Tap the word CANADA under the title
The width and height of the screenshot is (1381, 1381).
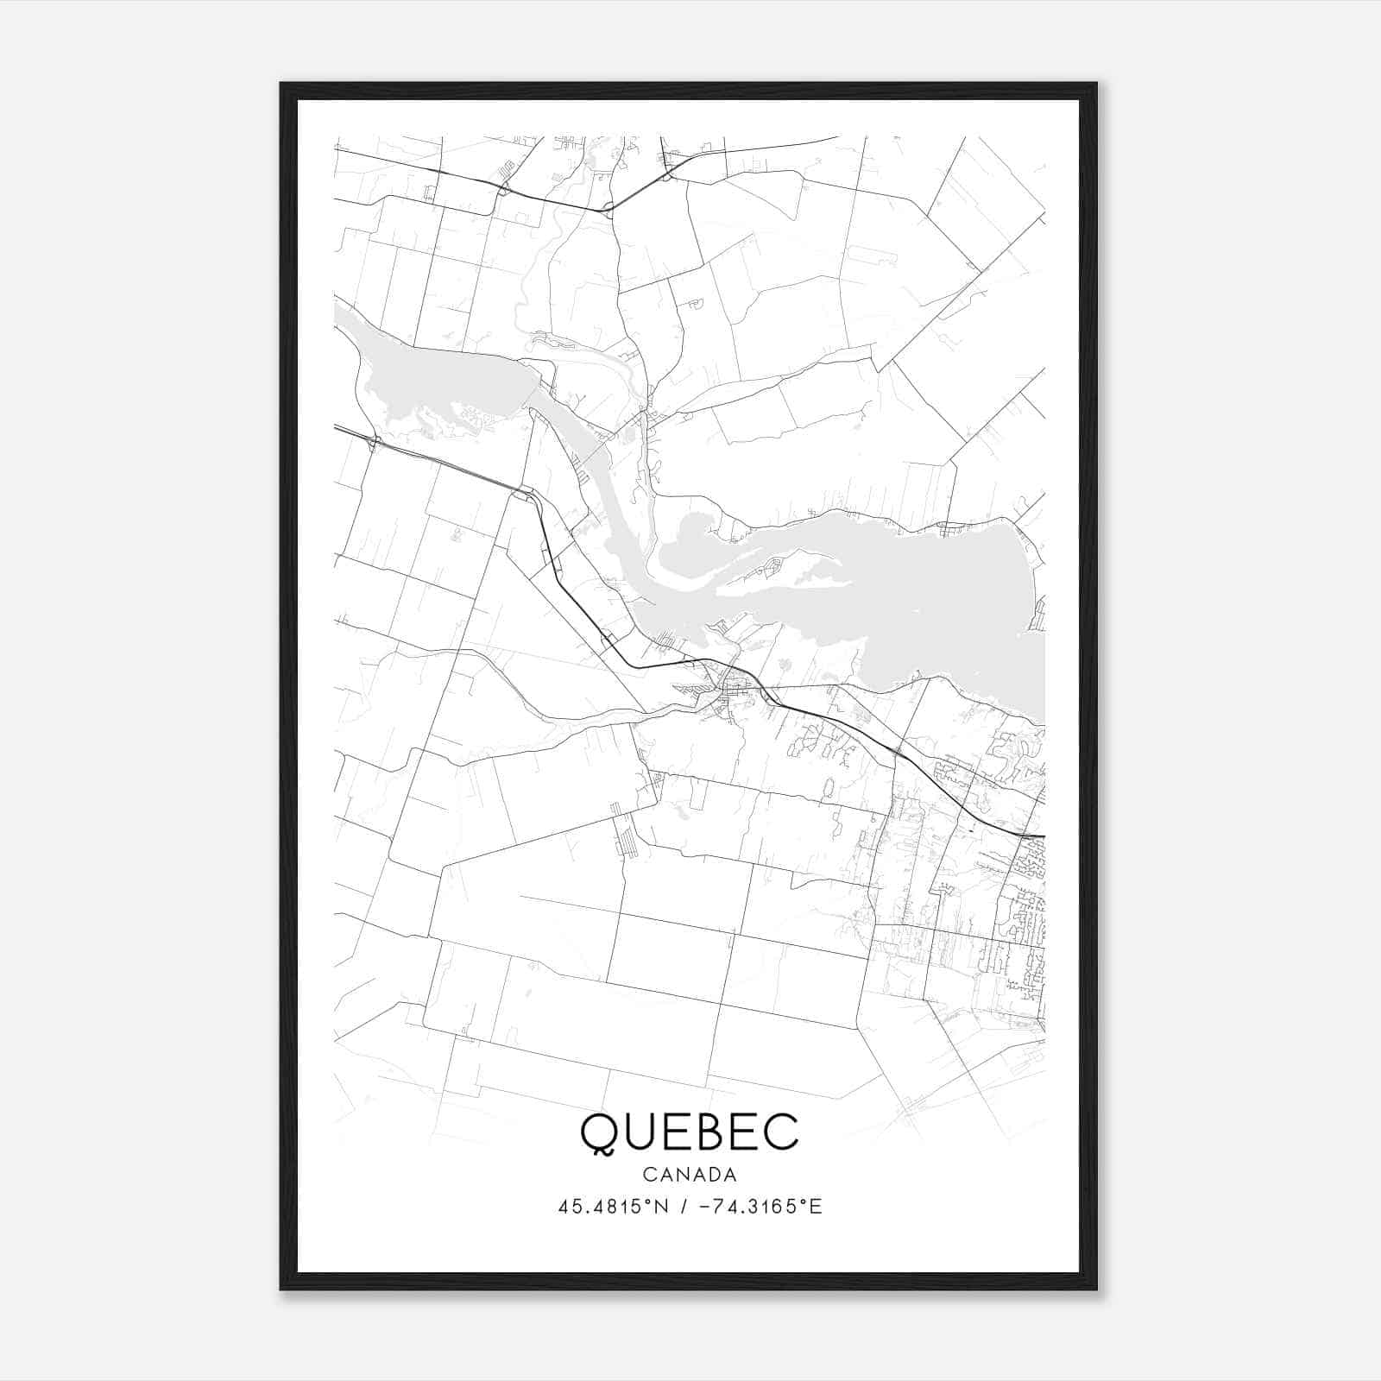point(690,1175)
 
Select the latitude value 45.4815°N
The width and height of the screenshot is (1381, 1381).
point(614,1207)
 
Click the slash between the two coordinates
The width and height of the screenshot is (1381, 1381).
point(684,1207)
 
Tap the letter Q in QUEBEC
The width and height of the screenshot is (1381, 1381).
point(598,1133)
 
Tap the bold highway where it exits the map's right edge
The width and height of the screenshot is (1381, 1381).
point(1040,836)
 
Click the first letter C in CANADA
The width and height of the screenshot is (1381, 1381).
point(648,1175)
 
